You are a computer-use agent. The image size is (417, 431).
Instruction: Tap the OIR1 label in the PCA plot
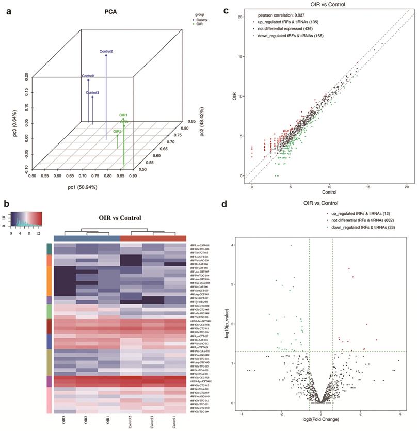123,115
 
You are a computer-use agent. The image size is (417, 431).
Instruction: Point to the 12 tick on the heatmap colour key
38,233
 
